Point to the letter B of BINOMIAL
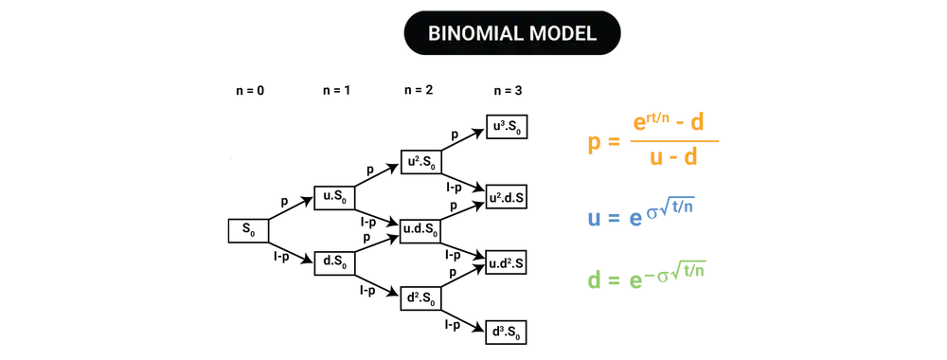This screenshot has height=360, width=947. (x=434, y=34)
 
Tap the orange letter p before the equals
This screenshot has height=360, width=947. (x=594, y=144)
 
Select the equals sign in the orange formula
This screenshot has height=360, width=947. (x=614, y=143)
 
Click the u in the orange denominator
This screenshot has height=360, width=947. (x=654, y=159)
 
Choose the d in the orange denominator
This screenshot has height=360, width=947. (x=690, y=158)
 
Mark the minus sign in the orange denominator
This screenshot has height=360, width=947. (x=672, y=159)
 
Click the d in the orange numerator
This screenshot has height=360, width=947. (x=699, y=122)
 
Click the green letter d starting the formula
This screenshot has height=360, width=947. (x=594, y=280)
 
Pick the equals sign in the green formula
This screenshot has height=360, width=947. (x=613, y=280)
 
